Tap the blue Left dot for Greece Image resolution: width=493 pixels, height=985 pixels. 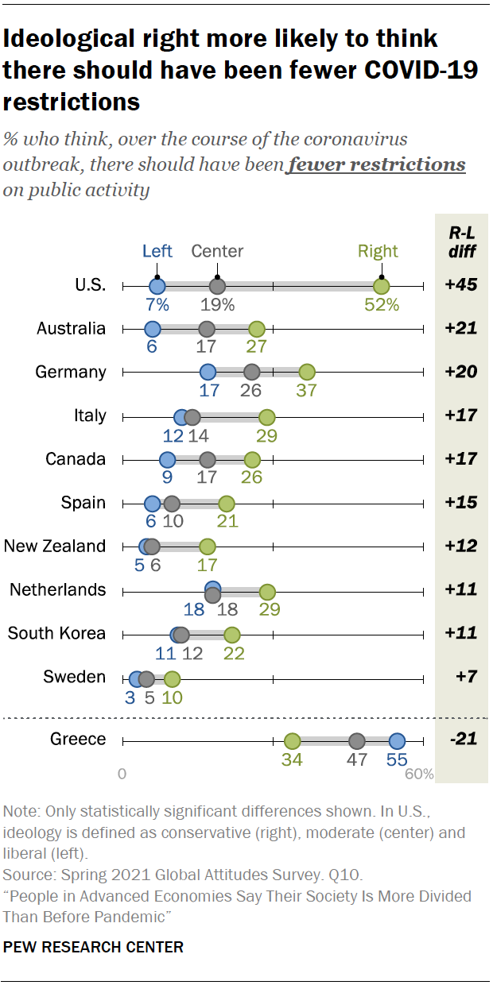coord(397,741)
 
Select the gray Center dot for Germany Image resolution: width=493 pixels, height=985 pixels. coord(252,372)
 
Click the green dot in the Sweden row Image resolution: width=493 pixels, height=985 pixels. coord(172,679)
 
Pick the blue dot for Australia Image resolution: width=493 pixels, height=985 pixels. coord(153,329)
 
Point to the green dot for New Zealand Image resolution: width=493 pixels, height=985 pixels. coord(208,547)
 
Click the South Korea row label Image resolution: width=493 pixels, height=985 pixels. coord(56,633)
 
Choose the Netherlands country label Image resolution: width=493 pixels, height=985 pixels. coord(57,589)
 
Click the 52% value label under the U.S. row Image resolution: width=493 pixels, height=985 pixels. coord(382,304)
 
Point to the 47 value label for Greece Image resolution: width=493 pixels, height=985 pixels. coord(357,759)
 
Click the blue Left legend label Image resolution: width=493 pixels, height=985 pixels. coord(157,252)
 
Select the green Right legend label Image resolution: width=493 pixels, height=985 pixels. coord(378,252)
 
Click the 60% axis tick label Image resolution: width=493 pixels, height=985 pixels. coord(419,774)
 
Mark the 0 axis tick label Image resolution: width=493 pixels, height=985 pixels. coord(122,774)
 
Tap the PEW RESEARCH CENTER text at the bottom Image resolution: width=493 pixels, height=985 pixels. coord(94,947)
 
